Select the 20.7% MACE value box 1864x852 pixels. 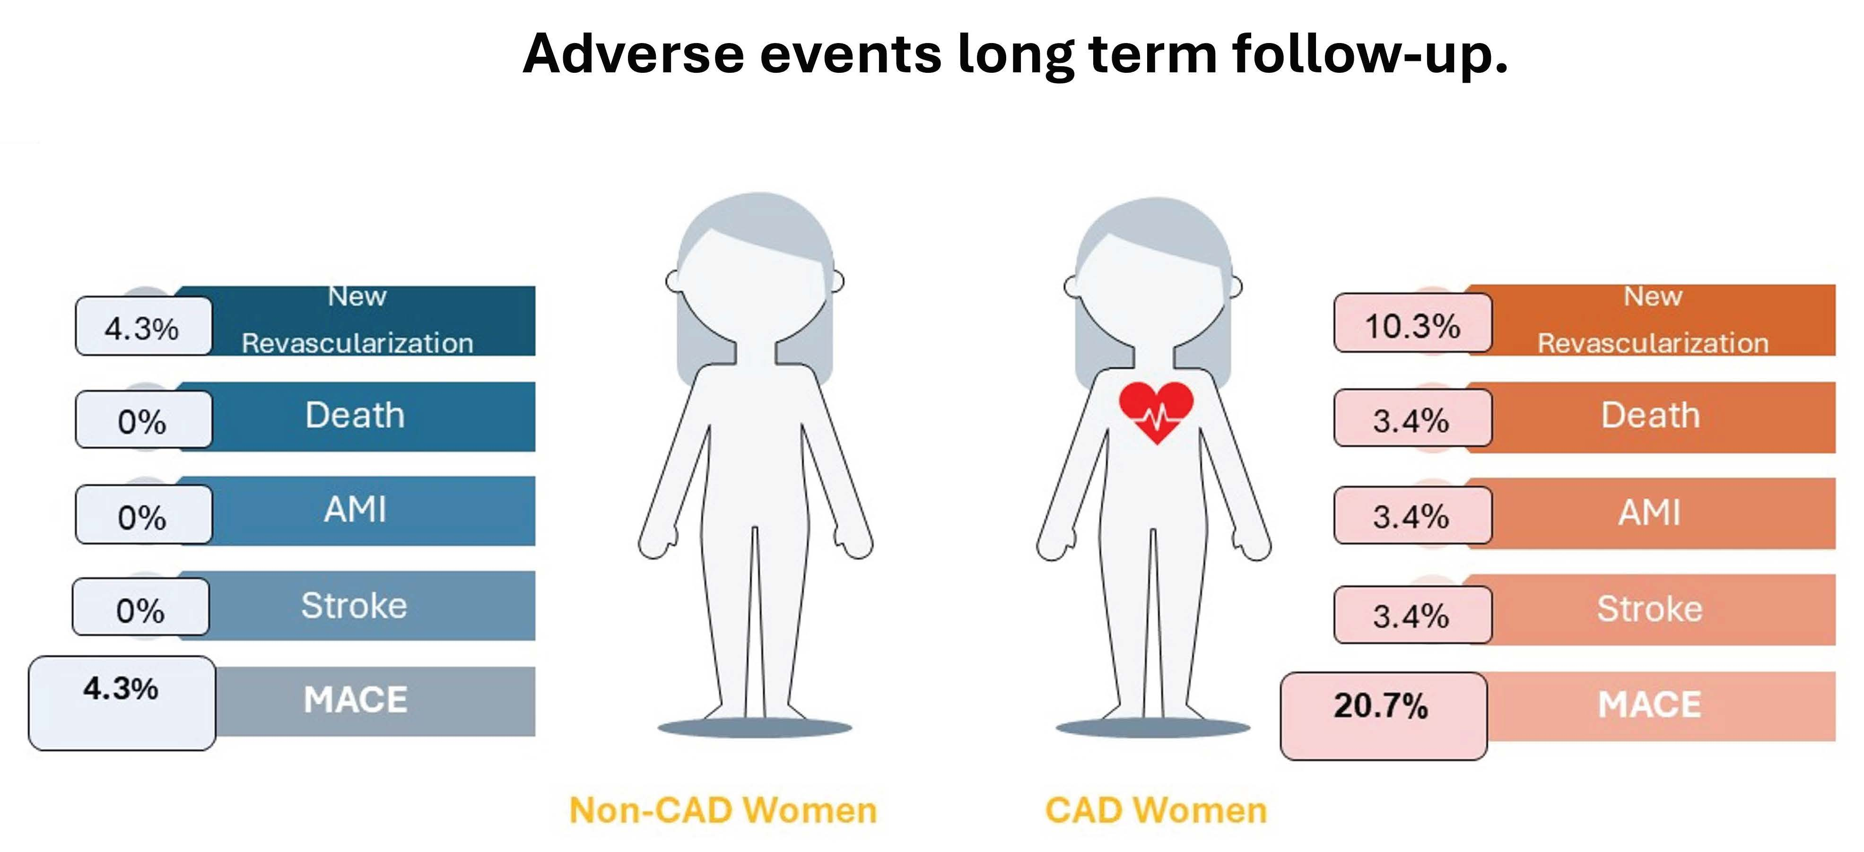coord(1384,716)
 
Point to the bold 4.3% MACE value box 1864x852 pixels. coord(122,703)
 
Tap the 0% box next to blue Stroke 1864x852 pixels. coord(140,607)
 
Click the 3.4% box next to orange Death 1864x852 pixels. coord(1412,418)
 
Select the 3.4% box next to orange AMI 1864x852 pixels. coord(1412,515)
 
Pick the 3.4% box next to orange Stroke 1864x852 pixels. coord(1412,615)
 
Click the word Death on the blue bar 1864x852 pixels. coord(355,415)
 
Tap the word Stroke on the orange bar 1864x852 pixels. coord(1650,608)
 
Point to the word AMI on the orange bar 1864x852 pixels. coord(1649,512)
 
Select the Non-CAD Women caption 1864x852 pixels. coord(723,810)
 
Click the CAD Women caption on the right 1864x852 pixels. coord(1156,810)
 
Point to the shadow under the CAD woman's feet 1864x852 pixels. coord(1153,728)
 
